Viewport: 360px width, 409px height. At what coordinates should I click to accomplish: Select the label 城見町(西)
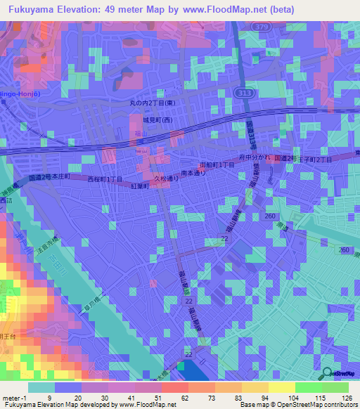pyautogui.click(x=157, y=120)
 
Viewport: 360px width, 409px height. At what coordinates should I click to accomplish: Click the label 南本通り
pyautogui.click(x=193, y=173)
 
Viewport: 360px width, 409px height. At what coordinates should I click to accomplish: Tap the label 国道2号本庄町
pyautogui.click(x=49, y=178)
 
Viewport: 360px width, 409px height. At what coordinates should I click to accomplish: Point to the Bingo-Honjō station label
pyautogui.click(x=15, y=95)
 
